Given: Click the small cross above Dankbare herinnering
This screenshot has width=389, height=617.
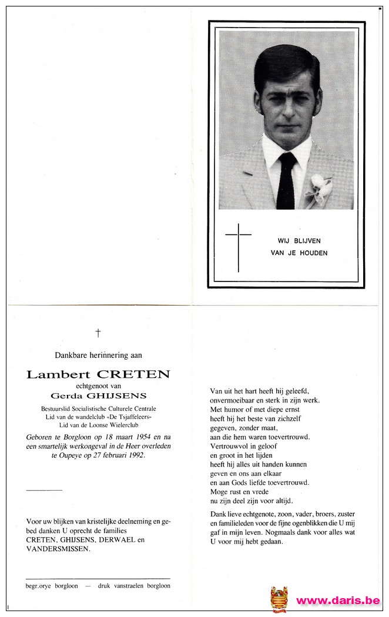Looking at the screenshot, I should point(98,333).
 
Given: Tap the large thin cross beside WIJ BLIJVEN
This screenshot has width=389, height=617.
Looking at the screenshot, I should point(238,247).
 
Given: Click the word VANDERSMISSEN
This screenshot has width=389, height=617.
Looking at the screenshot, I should point(58,548).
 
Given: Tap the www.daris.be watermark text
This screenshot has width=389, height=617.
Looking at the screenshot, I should point(338,601).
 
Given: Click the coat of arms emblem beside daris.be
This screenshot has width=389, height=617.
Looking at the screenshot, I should point(279,599).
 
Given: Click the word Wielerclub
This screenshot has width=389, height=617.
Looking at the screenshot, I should point(120,425).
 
